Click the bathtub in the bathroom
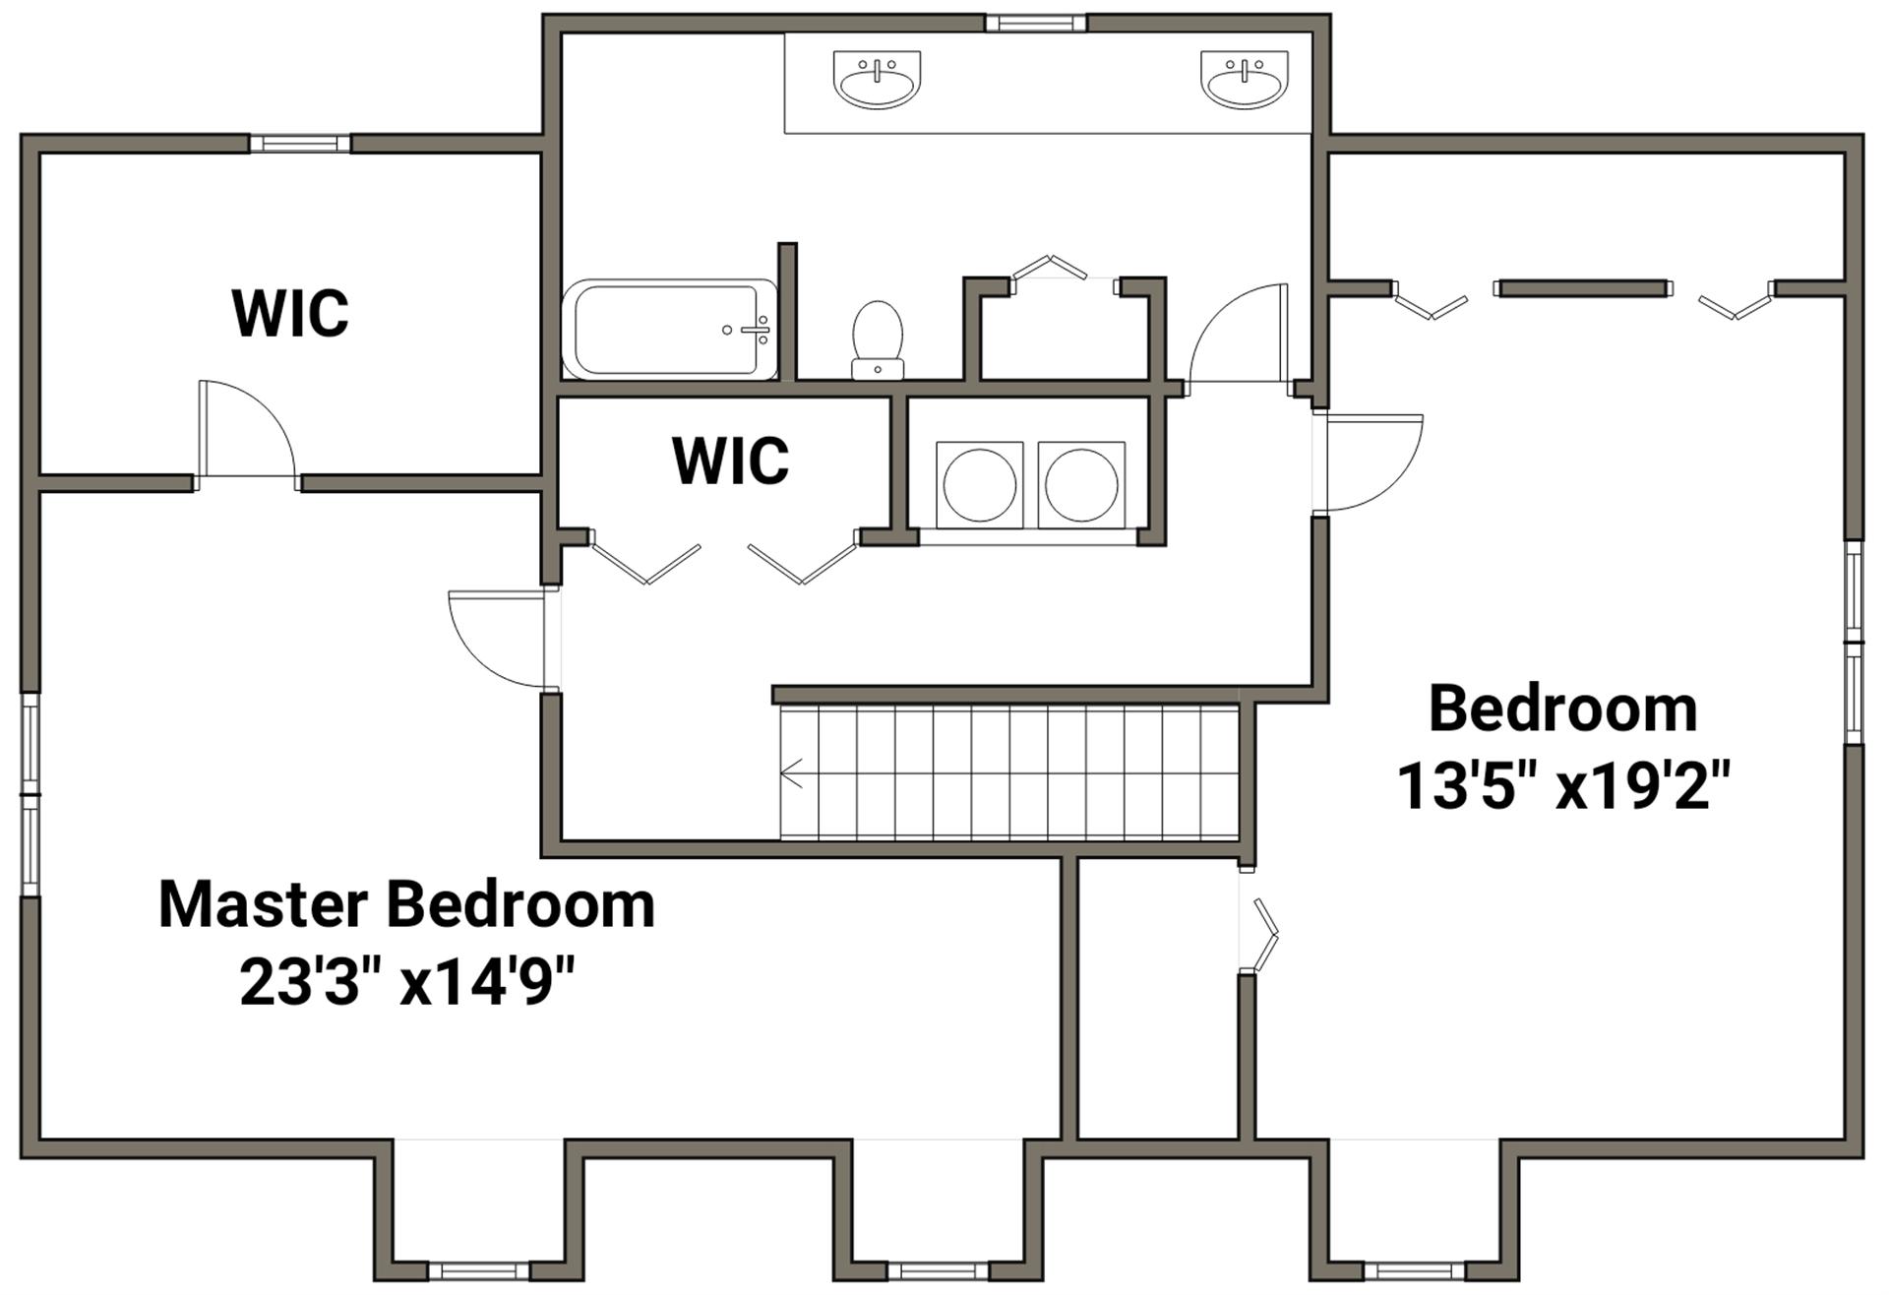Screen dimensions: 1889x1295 point(669,330)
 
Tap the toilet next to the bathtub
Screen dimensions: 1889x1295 point(878,339)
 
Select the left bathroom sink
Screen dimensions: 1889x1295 point(878,79)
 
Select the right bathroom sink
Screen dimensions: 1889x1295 point(1245,79)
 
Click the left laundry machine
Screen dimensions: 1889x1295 point(980,484)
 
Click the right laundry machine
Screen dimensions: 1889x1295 point(1081,484)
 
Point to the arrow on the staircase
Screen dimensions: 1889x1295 point(791,773)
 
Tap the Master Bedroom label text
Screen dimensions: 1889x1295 point(406,904)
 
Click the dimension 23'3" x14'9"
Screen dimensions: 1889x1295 point(406,982)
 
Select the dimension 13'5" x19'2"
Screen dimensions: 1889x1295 point(1563,786)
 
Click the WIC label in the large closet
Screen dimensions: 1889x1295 point(290,313)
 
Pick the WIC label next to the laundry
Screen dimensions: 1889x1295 point(730,460)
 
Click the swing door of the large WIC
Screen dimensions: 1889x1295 point(247,433)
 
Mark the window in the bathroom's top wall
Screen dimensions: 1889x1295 point(1036,23)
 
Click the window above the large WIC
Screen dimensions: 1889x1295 point(300,144)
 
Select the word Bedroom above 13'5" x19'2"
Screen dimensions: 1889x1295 point(1563,708)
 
